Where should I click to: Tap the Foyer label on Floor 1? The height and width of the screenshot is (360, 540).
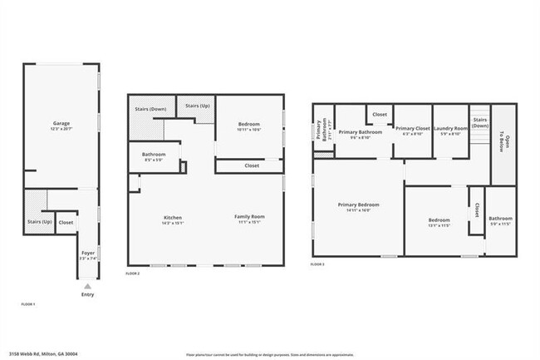[87, 254]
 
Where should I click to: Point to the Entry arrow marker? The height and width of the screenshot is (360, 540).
[87, 286]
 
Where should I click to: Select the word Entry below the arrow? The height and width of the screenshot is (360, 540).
[87, 294]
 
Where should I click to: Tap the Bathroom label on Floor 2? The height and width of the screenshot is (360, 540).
[154, 155]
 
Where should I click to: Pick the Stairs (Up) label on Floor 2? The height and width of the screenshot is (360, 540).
[197, 106]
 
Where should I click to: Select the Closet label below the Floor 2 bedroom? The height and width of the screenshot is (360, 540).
[252, 165]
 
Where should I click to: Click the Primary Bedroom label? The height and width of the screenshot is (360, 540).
[358, 206]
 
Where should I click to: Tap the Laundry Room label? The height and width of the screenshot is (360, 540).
[452, 130]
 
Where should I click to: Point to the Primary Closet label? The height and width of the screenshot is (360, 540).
[412, 130]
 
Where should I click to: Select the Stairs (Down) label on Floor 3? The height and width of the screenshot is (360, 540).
[479, 122]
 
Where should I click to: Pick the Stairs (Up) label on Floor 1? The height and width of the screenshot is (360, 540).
[40, 222]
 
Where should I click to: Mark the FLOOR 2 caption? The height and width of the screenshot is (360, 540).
[133, 274]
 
